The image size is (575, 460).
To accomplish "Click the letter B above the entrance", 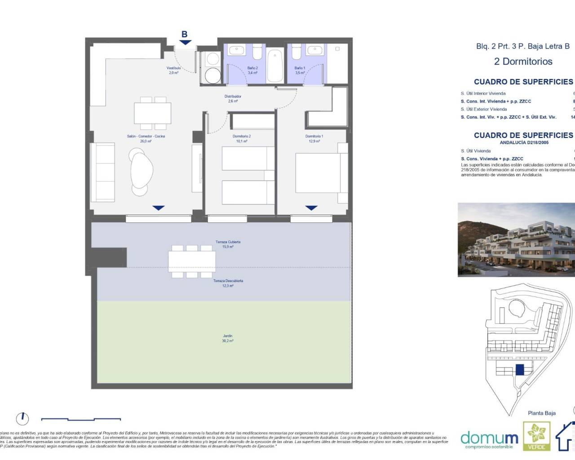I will pyautogui.click(x=184, y=34).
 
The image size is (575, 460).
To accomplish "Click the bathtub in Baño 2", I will pyautogui.click(x=274, y=66).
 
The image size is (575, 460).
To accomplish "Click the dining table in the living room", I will pyautogui.click(x=152, y=114).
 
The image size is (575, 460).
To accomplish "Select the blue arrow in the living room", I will pyautogui.click(x=159, y=208).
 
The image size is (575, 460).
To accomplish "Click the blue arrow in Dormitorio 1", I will pyautogui.click(x=311, y=208).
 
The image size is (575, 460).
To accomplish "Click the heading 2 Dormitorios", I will pyautogui.click(x=523, y=62).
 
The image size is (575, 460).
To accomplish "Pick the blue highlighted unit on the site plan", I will pyautogui.click(x=520, y=370).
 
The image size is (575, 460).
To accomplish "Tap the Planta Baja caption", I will pyautogui.click(x=541, y=413).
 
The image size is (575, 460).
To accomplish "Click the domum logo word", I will pyautogui.click(x=489, y=437).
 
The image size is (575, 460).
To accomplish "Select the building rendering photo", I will pyautogui.click(x=516, y=239).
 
